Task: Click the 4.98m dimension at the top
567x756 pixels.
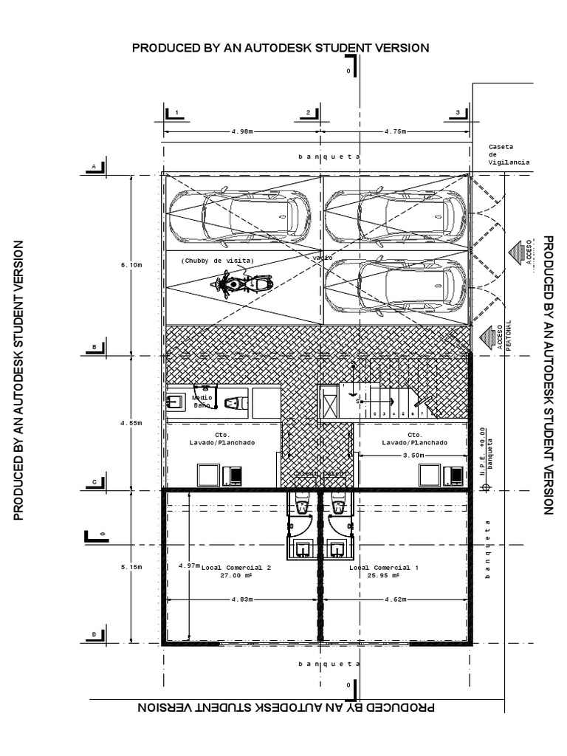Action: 241,131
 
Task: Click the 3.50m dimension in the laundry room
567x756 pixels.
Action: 413,456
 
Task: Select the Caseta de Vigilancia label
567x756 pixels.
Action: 509,154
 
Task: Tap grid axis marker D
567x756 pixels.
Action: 94,635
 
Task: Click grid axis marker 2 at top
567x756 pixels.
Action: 308,112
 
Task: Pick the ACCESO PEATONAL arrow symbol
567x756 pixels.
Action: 489,338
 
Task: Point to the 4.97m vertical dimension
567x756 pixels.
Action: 189,566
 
